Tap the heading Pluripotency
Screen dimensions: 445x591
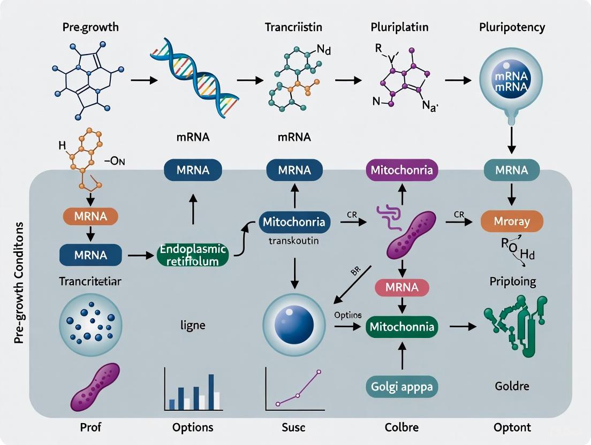(x=512, y=27)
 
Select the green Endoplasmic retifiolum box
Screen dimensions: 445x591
(x=193, y=255)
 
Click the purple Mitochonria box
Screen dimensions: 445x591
(x=402, y=171)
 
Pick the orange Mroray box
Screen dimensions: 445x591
(x=512, y=221)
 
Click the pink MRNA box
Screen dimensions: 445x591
(x=401, y=287)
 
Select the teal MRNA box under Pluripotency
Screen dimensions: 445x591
(x=512, y=171)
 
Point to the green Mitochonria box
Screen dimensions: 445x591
(x=401, y=326)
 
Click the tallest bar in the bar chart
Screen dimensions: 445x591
(x=211, y=392)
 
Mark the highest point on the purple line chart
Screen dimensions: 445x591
(x=319, y=371)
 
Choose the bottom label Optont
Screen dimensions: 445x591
(x=512, y=427)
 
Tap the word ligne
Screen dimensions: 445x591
(x=193, y=325)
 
